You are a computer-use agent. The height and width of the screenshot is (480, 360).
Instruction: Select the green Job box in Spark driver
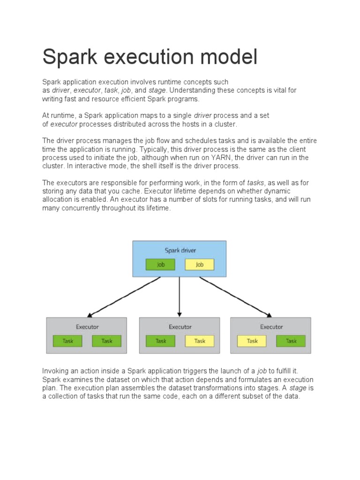[160, 264]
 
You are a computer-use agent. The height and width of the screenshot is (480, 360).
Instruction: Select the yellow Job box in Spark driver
[199, 264]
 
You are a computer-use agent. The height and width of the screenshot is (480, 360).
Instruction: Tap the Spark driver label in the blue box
[180, 250]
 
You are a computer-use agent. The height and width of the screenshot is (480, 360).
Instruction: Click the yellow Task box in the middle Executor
[200, 341]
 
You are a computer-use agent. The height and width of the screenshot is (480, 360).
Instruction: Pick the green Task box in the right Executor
[291, 341]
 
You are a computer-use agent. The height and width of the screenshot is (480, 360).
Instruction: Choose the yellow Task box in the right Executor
[252, 341]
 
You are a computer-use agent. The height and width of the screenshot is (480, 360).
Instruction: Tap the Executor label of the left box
[87, 327]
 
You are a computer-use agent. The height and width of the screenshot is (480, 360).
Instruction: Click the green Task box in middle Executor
[161, 341]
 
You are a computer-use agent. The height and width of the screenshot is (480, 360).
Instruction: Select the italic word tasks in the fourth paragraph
[255, 183]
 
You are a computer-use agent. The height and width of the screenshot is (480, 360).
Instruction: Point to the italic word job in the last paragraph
[262, 371]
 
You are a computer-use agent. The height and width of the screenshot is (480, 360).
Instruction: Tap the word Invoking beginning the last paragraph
[56, 371]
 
